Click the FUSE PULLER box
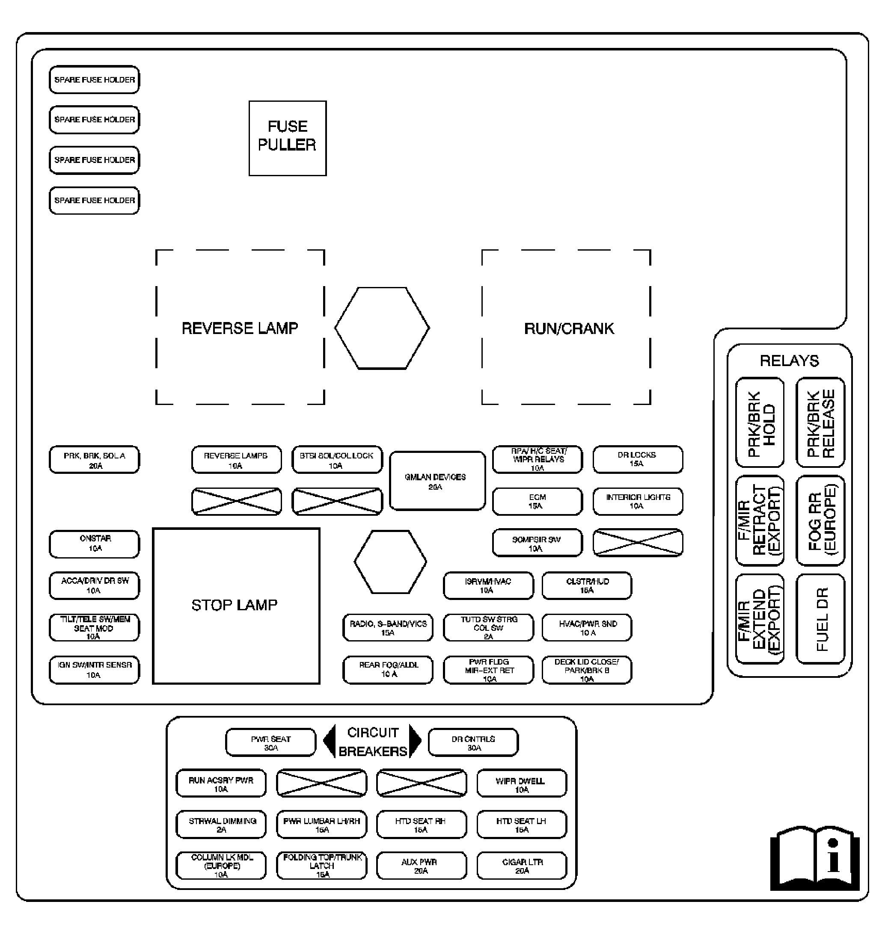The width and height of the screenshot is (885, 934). (287, 138)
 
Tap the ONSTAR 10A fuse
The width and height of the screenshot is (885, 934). (94, 544)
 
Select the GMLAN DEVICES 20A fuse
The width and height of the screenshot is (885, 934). (437, 481)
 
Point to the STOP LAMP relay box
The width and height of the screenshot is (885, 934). (236, 606)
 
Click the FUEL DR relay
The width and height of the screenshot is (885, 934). (820, 618)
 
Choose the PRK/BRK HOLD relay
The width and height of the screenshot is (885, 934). (760, 423)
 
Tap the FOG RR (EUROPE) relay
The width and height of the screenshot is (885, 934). (820, 520)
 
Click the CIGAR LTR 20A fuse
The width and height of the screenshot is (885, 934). (522, 866)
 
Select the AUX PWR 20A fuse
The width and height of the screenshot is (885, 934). (421, 866)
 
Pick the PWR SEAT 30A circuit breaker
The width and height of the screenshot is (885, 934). (270, 742)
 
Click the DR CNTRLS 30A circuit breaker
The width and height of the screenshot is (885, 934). (473, 742)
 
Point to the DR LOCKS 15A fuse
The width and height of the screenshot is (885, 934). (637, 459)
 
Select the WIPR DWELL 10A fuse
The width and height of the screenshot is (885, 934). (521, 783)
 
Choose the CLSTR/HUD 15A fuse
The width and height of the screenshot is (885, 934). (586, 585)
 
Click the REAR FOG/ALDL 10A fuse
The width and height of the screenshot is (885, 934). (388, 670)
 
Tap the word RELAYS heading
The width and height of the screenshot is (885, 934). (789, 361)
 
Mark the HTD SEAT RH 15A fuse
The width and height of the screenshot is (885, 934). (421, 825)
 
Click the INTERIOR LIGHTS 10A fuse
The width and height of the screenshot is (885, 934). (637, 501)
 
